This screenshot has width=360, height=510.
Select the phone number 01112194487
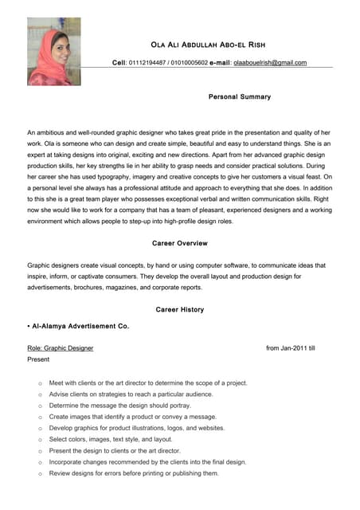(x=147, y=62)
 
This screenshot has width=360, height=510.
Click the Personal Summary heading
(x=239, y=96)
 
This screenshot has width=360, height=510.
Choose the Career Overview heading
(x=180, y=243)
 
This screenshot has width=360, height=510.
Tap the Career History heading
(x=180, y=309)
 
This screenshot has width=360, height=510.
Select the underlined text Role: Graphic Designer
(x=60, y=348)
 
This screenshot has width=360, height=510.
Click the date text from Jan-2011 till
(x=291, y=348)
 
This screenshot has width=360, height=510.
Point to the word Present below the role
(x=38, y=359)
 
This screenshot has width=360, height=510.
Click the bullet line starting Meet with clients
(x=148, y=382)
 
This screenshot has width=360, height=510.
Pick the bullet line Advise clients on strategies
(x=131, y=394)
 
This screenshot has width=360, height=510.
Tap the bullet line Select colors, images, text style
(x=111, y=439)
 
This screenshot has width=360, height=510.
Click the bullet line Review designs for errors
(x=134, y=473)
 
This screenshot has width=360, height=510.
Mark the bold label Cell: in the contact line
(x=119, y=62)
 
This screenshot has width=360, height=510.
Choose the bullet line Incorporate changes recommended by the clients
(x=147, y=461)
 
